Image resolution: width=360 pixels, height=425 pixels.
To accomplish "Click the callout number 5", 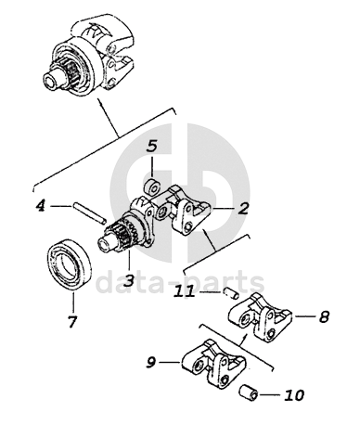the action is point(151,147).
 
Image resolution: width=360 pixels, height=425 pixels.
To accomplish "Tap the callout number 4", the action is point(41,206).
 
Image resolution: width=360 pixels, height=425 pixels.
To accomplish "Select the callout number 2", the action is point(243,208).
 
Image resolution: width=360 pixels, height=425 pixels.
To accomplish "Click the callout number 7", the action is point(71,322).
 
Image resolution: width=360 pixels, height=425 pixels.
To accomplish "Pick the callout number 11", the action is point(184,291).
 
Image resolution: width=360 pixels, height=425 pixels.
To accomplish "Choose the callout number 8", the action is point(324,316).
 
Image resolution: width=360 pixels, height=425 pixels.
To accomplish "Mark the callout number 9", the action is point(151,362).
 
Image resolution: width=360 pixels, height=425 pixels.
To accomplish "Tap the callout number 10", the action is point(294,395).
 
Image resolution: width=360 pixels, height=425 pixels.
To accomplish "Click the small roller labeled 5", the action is point(153,187).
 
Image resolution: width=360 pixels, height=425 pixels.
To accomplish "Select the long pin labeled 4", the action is point(90,212).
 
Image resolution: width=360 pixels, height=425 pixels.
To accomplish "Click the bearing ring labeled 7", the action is point(69,264).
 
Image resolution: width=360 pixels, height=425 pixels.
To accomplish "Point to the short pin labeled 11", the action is point(231,293).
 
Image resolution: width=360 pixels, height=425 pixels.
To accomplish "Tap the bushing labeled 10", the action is point(249,393).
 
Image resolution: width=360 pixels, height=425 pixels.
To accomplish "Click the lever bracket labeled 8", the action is point(260,317).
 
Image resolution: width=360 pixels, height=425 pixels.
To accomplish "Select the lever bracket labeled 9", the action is point(213,364).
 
